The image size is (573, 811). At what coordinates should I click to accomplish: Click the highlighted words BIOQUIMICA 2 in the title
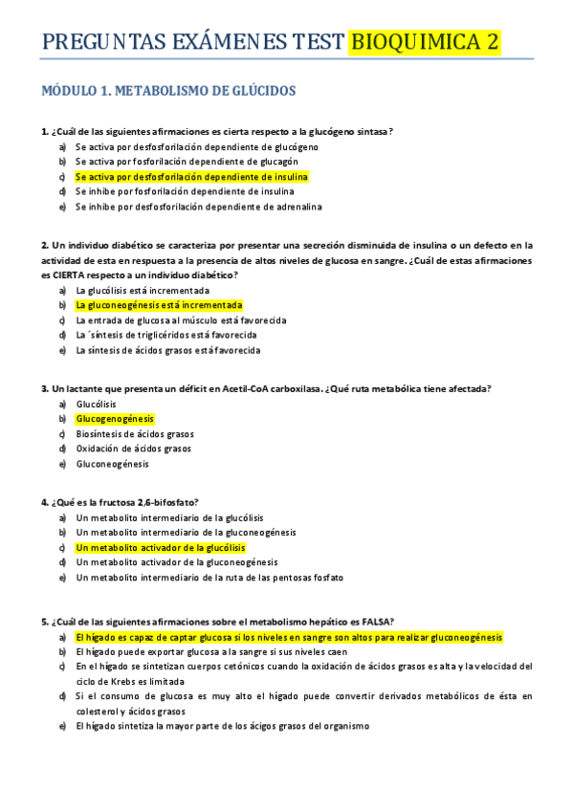click(425, 42)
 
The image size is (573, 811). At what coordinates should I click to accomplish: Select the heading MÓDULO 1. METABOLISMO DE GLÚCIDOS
click(168, 91)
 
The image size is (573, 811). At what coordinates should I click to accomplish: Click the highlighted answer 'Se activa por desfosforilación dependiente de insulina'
click(191, 177)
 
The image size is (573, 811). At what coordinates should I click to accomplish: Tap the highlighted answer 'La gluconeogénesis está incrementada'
click(159, 305)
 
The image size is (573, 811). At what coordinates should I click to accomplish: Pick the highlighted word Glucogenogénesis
click(115, 419)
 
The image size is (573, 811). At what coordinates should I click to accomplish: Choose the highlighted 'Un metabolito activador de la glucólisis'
click(161, 548)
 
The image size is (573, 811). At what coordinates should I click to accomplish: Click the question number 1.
click(44, 132)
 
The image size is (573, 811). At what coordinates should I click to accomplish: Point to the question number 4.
click(44, 502)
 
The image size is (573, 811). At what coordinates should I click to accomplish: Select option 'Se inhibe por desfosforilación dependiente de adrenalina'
click(198, 207)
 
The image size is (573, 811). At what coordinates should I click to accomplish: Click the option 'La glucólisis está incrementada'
click(143, 290)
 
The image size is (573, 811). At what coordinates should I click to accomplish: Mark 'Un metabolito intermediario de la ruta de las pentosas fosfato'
click(209, 578)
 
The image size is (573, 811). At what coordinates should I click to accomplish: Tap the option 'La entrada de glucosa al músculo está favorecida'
click(181, 320)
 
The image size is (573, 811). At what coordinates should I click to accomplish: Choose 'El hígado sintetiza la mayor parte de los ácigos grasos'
click(222, 726)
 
